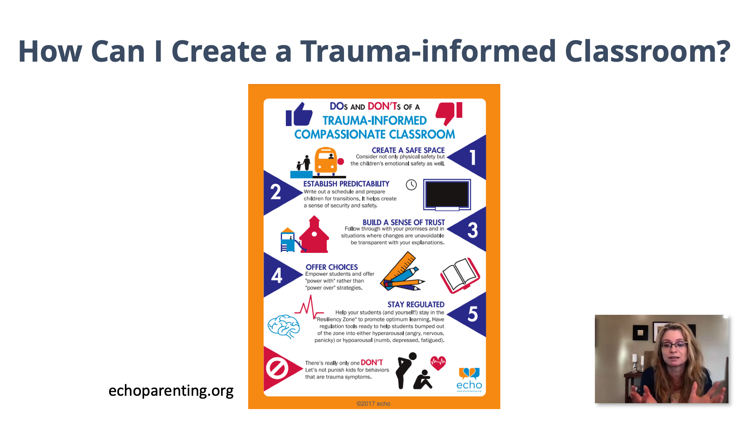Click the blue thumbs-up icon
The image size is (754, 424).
click(299, 114)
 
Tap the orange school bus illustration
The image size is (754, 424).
click(326, 161)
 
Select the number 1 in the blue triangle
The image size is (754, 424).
click(473, 158)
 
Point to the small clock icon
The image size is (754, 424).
click(411, 185)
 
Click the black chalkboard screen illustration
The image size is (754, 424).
click(447, 195)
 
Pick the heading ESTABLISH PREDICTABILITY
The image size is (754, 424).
click(346, 184)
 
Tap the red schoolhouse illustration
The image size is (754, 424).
click(314, 235)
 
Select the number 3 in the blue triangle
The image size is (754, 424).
click(472, 230)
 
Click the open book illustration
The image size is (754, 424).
click(460, 275)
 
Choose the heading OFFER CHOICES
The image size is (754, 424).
click(331, 267)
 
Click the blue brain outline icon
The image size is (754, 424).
click(284, 326)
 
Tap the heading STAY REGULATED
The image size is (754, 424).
click(416, 305)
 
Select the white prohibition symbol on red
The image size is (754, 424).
click(277, 369)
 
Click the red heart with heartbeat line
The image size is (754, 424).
click(438, 363)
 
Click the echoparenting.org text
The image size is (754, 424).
click(171, 391)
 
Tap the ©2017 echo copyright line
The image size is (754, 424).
click(373, 404)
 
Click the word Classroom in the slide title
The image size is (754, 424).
click(647, 51)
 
